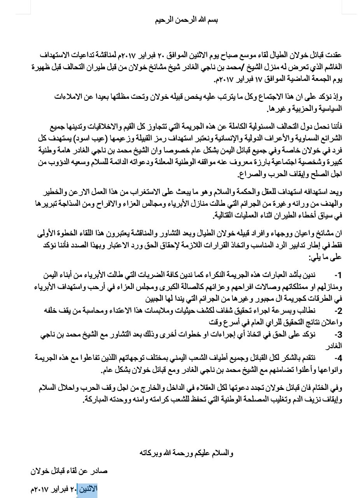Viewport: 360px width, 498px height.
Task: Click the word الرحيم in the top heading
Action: tap(163, 20)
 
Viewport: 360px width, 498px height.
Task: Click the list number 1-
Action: tap(337, 275)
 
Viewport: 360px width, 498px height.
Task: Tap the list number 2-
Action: tap(337, 311)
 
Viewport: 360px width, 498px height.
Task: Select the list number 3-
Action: tap(337, 335)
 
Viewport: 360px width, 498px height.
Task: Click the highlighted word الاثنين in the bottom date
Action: tap(87, 489)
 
